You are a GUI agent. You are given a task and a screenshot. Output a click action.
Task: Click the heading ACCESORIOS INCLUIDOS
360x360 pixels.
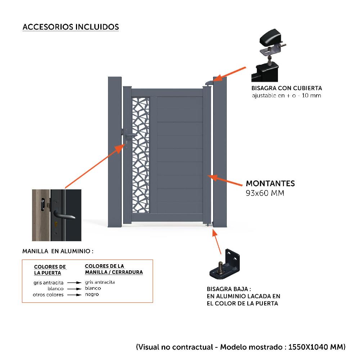coord(71,27)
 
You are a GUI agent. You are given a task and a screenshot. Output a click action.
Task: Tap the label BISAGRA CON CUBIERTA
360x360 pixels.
coord(287,88)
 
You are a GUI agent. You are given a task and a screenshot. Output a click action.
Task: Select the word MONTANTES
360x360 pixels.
coord(270,183)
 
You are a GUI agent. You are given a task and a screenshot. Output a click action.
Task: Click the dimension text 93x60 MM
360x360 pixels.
coord(265,193)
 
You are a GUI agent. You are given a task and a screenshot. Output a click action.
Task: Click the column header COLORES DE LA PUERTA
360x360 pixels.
coord(50,270)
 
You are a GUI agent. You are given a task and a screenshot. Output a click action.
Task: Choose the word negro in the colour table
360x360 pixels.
coord(92,294)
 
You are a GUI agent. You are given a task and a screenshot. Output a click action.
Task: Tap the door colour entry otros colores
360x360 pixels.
coord(48,294)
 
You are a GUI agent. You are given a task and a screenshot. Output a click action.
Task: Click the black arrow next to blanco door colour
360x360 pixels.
coord(75,289)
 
